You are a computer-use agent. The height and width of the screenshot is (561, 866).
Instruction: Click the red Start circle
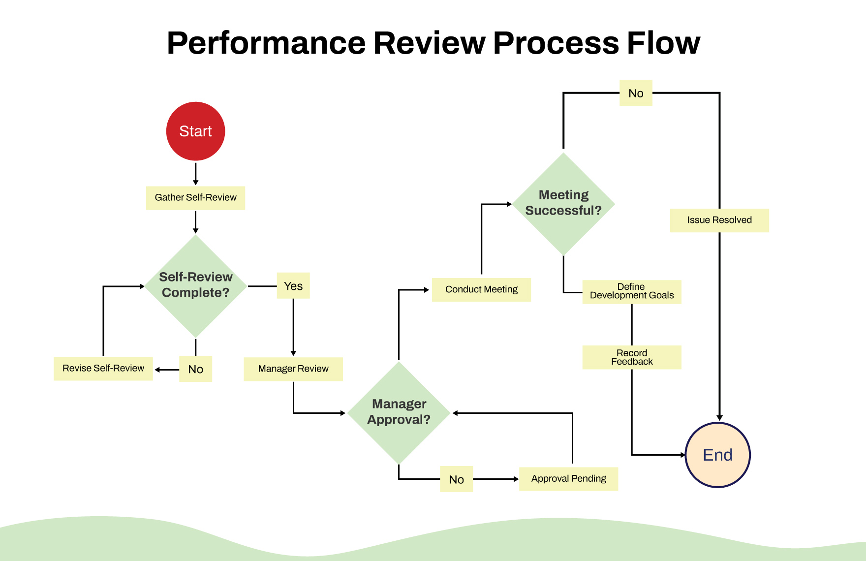(x=195, y=131)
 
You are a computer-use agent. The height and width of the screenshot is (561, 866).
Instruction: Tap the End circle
(x=717, y=455)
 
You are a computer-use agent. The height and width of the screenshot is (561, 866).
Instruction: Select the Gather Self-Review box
(x=195, y=198)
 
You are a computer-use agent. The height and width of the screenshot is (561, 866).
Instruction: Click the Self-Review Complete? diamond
(x=195, y=285)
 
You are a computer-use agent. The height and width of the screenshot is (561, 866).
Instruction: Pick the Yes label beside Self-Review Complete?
(x=293, y=286)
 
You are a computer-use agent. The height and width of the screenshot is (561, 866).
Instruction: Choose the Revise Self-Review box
(x=103, y=369)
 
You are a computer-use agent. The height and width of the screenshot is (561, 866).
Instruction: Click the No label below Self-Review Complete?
(x=195, y=369)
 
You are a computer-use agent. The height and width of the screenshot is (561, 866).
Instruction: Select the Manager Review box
(x=293, y=369)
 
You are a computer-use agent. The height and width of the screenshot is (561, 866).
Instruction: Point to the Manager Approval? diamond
(x=399, y=412)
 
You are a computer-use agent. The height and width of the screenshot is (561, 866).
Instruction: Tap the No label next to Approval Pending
(x=456, y=479)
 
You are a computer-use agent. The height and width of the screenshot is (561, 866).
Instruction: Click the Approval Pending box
(x=568, y=479)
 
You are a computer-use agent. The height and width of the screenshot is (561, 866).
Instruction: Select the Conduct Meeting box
(x=481, y=290)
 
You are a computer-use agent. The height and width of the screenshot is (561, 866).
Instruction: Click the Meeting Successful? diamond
(x=563, y=203)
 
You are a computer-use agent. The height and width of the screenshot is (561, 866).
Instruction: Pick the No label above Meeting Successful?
(x=636, y=93)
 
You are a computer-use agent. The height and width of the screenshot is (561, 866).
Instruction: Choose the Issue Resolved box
(x=719, y=220)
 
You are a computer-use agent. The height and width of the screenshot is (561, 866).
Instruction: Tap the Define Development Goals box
(x=632, y=292)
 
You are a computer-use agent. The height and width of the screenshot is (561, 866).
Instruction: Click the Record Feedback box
(x=632, y=357)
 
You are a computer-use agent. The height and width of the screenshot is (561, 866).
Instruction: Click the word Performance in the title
(x=266, y=43)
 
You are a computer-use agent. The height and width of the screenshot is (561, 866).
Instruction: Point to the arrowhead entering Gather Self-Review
(x=195, y=183)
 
